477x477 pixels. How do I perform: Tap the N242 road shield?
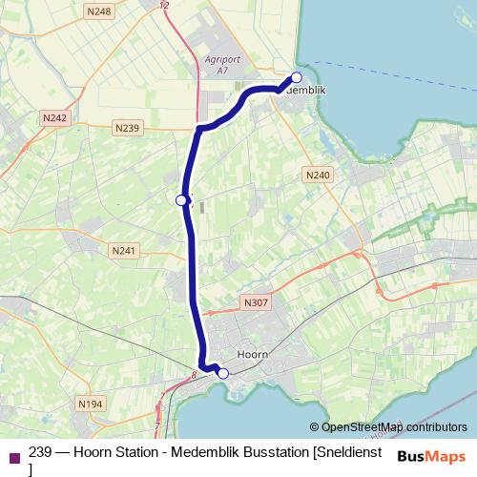tap(55, 117)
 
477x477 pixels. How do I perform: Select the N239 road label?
tap(126, 128)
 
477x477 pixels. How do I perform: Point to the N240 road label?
tap(318, 175)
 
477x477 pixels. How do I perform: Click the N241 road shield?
tap(123, 251)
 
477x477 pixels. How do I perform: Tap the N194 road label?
tap(91, 404)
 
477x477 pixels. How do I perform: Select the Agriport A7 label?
tap(222, 63)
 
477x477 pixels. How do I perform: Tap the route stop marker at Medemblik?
tap(297, 77)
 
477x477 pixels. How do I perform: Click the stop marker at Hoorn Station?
tap(223, 373)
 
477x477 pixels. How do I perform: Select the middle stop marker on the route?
tap(180, 199)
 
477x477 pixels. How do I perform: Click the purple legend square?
tap(13, 457)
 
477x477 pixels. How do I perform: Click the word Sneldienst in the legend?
tap(349, 451)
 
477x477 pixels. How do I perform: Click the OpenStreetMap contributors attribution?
tap(388, 426)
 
